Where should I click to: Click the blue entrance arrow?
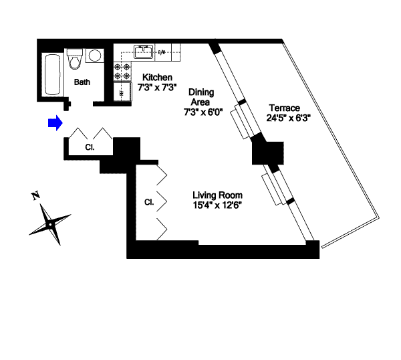tap(55, 122)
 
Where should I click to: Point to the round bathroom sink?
tap(95, 56)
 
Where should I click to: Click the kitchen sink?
tap(143, 52)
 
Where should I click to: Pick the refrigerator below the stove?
tap(122, 92)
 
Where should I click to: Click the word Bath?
tap(82, 83)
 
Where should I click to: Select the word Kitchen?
tap(157, 78)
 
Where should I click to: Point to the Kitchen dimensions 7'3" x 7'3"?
tap(157, 87)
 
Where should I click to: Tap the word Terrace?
tap(284, 107)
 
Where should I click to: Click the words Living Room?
tap(217, 195)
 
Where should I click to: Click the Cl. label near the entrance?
tap(90, 148)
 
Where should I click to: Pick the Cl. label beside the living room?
tap(149, 201)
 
